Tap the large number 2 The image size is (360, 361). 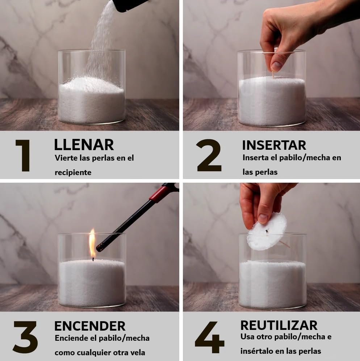click(209, 155)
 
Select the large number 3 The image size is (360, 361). click(25, 337)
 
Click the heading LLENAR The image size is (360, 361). click(84, 145)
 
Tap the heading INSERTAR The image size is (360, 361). click(274, 145)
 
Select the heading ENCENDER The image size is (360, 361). click(90, 326)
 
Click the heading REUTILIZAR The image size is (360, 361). click(279, 325)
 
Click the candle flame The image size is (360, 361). click(92, 243)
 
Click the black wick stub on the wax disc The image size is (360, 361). click(267, 230)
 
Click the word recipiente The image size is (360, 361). click(73, 173)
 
